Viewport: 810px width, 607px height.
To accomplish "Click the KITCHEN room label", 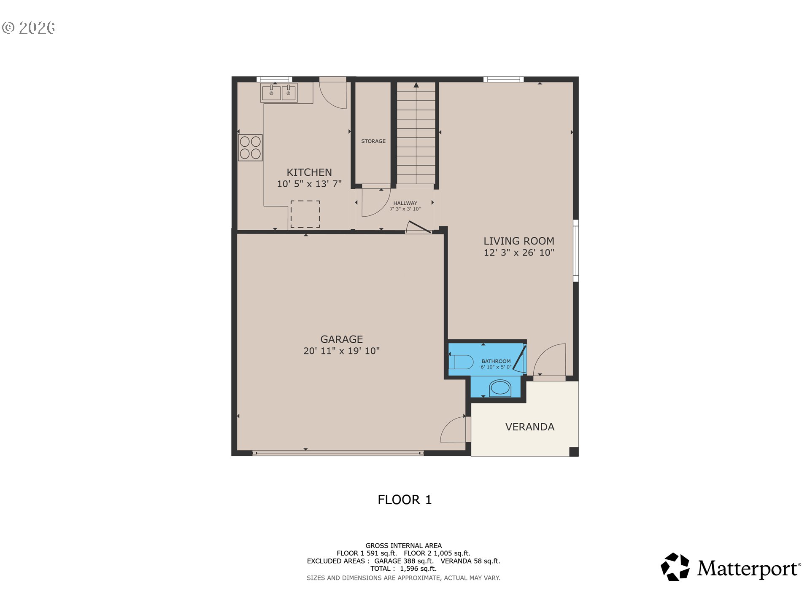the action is coord(309,172).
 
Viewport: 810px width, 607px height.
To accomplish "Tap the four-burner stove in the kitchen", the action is coord(250,148).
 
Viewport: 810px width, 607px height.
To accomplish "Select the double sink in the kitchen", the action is coord(279,93).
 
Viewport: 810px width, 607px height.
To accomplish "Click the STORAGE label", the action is coord(373,141).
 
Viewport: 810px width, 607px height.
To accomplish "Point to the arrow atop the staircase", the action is coord(416,85).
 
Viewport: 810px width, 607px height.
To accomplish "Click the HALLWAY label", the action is coord(405,203).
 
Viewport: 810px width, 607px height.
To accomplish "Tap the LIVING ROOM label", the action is coord(519,241).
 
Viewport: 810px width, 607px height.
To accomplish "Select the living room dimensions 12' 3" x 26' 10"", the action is coord(519,252).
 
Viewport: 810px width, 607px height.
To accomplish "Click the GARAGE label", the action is coord(342,339).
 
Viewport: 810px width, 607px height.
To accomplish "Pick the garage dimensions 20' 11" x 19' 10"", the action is coord(342,351).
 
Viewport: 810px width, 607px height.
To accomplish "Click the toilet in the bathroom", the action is coord(461,362).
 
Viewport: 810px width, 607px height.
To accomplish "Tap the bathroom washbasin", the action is coord(500,388).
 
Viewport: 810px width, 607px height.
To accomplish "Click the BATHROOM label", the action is coord(496,361).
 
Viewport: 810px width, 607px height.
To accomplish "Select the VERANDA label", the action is coord(530,427).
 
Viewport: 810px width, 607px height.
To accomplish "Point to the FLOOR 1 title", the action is coord(405,500).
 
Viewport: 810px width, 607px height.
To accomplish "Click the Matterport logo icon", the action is coord(675,567).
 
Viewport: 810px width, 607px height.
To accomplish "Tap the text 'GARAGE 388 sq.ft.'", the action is coord(404,561).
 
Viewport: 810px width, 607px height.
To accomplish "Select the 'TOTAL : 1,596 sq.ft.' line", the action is coord(403,569).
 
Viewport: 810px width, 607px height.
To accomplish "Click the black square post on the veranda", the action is coord(574,452).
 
